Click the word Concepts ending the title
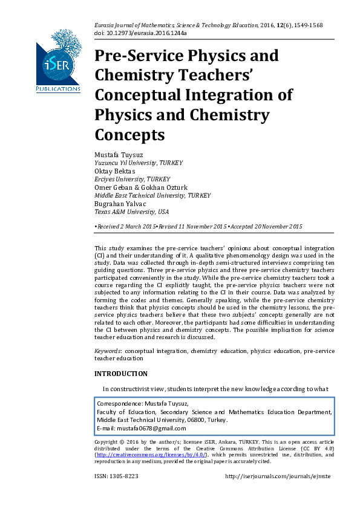pyautogui.click(x=129, y=134)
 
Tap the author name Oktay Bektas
pyautogui.click(x=115, y=171)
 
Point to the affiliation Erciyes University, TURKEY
pyautogui.click(x=133, y=180)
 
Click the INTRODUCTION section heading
pyautogui.click(x=121, y=374)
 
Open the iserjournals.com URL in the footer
pyautogui.click(x=278, y=476)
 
